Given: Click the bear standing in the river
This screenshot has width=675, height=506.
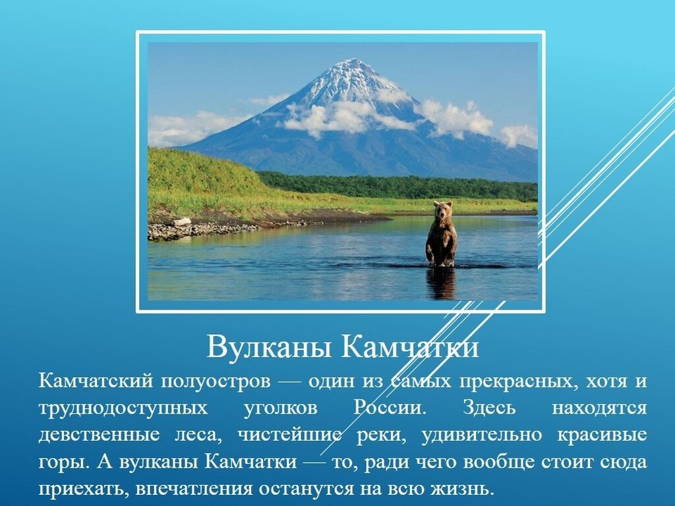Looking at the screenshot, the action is click(441, 234).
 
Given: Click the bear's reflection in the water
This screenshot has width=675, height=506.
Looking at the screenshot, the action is click(441, 283).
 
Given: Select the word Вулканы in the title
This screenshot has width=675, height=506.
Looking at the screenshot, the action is click(270, 347).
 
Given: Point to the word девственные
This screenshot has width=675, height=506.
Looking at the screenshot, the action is click(99, 435).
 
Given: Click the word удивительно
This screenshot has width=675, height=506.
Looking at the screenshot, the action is click(482, 436).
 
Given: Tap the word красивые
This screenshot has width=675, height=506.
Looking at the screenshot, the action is click(602, 436).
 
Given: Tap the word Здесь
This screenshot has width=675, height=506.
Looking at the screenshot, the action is click(489, 408).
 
